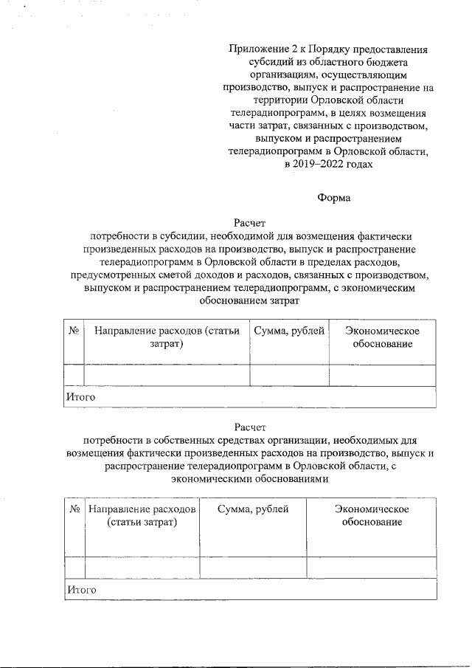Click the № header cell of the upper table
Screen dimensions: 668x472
point(74,331)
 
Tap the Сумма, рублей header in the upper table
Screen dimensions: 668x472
point(289,331)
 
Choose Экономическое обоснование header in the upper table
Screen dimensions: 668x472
point(382,338)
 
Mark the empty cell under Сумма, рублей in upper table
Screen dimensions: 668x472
point(289,375)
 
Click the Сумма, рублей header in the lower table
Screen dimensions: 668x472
point(253,509)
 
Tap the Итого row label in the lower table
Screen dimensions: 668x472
point(83,590)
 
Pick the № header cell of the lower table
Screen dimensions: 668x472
point(74,509)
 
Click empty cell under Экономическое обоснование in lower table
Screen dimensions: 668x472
point(371,566)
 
